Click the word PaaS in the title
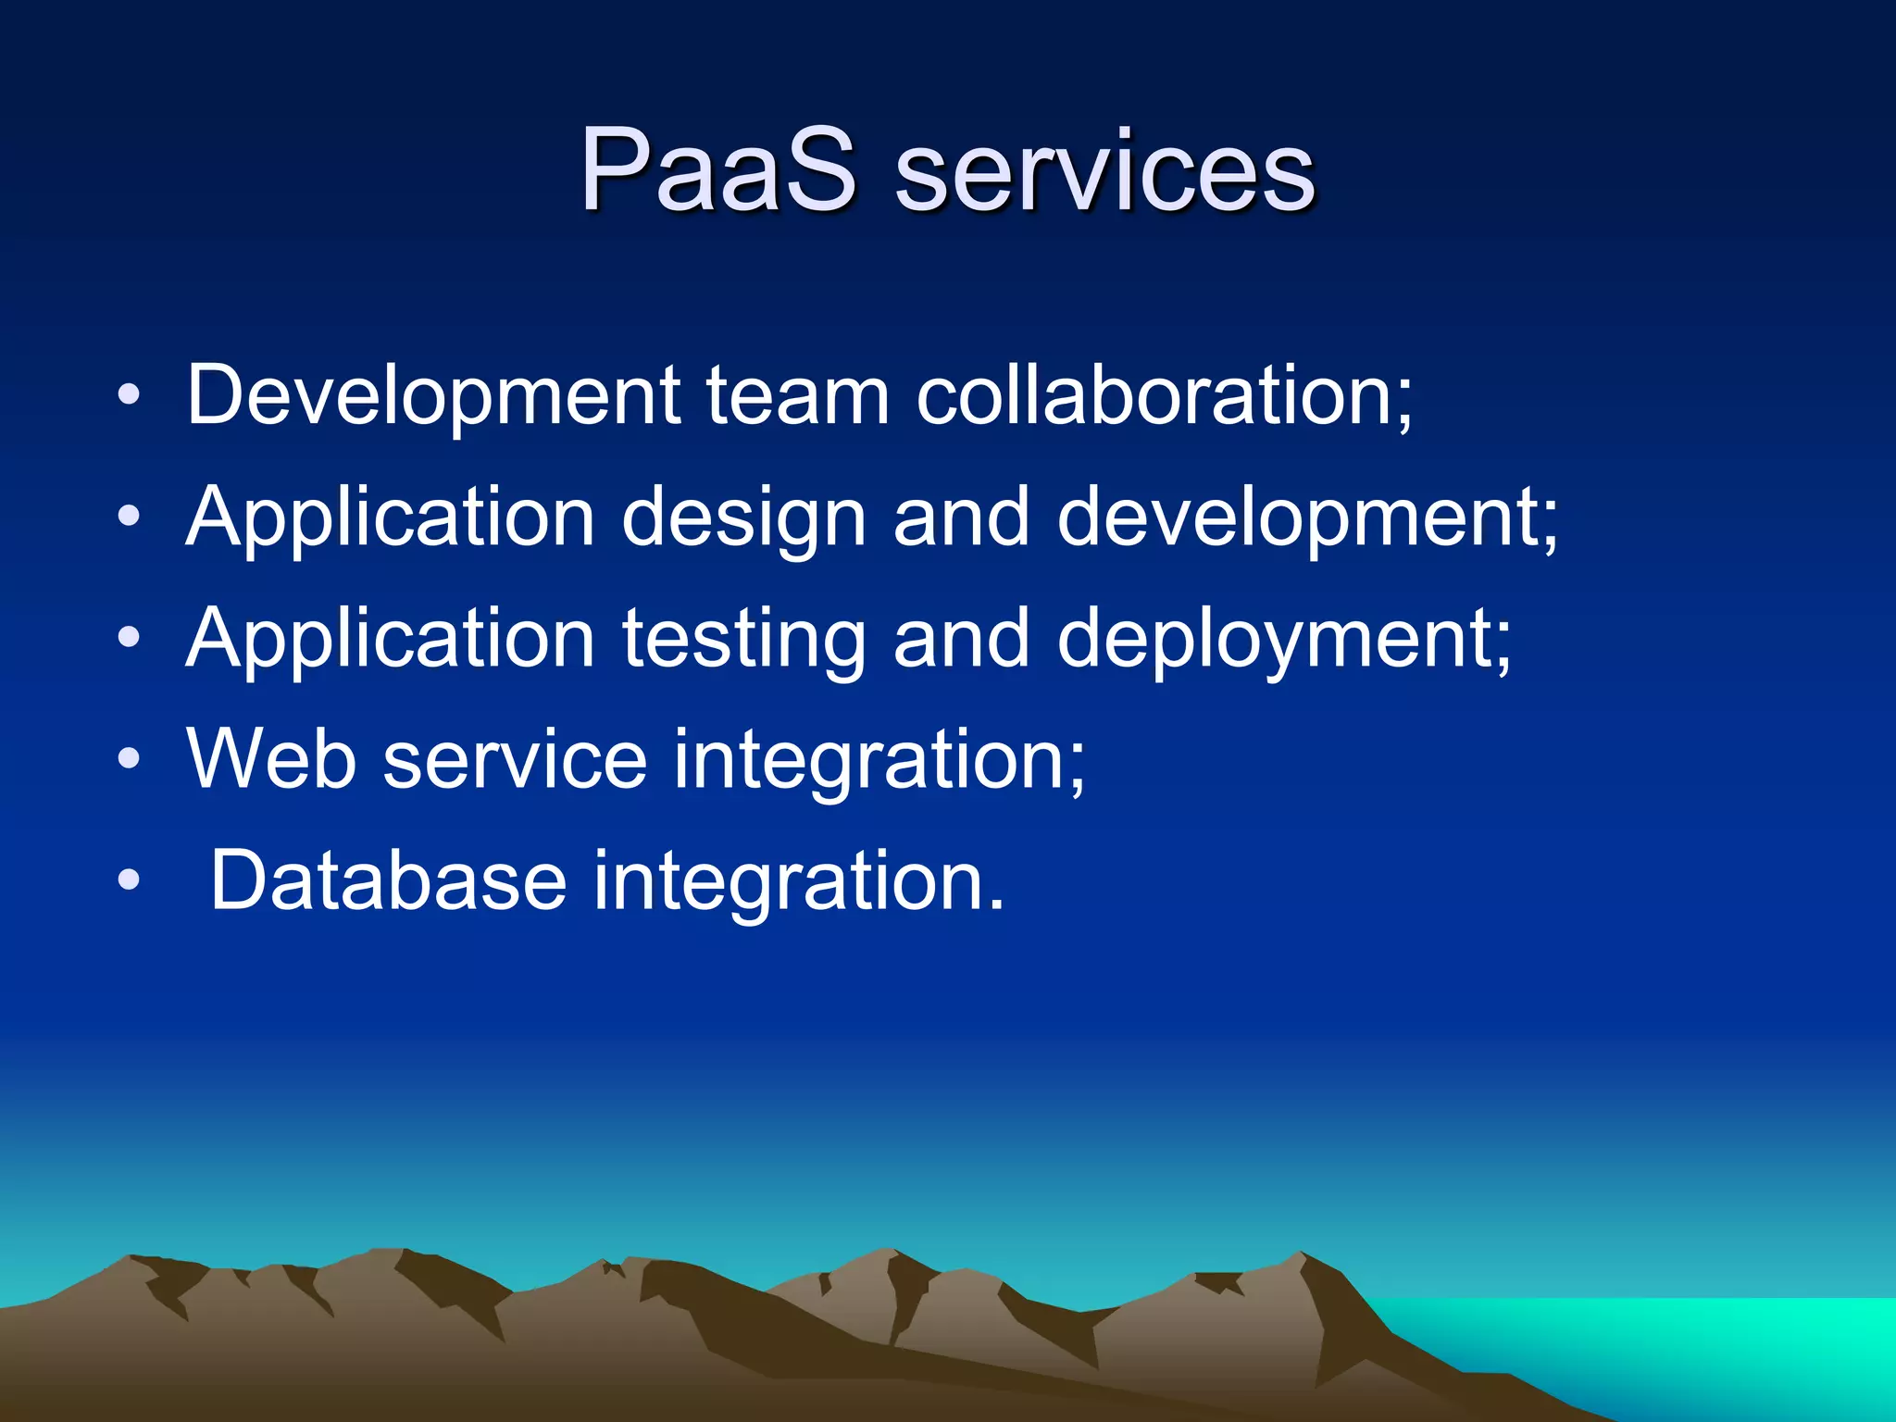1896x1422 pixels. coord(717,171)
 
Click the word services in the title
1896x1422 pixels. coord(1104,171)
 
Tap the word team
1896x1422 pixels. coord(798,395)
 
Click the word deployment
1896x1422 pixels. coord(1283,639)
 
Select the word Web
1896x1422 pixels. coord(271,759)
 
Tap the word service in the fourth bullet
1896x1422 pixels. coord(515,759)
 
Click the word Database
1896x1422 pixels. coord(388,880)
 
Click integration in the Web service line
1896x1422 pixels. coord(879,759)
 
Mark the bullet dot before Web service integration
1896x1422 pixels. coord(130,760)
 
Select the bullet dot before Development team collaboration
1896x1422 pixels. coord(130,396)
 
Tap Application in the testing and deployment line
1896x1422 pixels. coord(390,639)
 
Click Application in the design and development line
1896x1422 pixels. coord(390,518)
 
